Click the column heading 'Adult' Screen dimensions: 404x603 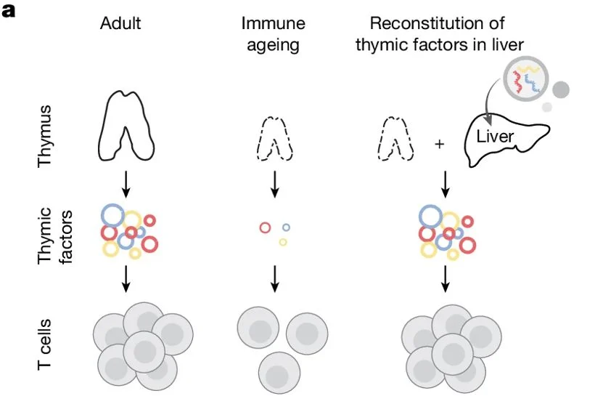tap(120, 23)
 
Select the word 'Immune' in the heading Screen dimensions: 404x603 tap(274, 23)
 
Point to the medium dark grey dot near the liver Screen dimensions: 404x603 tap(561, 90)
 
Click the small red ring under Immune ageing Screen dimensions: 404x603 tap(265, 227)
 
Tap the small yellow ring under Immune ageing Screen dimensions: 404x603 tap(283, 242)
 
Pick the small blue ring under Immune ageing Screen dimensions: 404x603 tap(287, 227)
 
